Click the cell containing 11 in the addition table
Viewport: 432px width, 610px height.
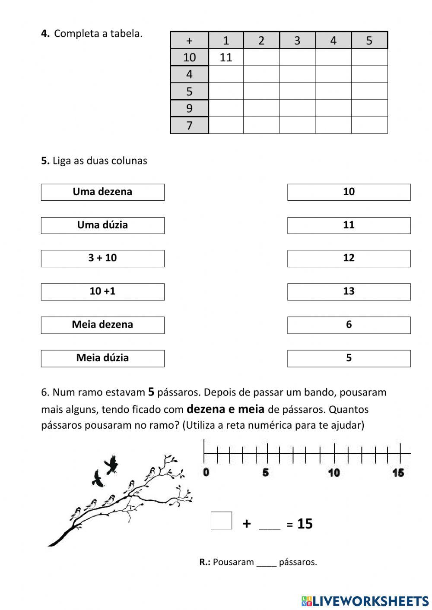(x=226, y=57)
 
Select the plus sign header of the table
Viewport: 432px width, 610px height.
(x=189, y=41)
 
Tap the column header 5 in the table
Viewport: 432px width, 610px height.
(x=369, y=41)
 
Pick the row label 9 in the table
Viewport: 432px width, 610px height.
(x=189, y=108)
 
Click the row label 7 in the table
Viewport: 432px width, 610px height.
(x=189, y=126)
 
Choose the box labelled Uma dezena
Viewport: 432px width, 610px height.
(x=102, y=192)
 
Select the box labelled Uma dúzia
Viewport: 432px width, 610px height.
(x=102, y=225)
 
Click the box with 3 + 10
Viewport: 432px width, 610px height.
(x=102, y=258)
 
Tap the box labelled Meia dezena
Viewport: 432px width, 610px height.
(x=102, y=325)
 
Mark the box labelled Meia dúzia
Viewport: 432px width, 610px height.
(x=102, y=358)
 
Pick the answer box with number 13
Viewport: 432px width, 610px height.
(x=349, y=291)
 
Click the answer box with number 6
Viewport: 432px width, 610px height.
(x=349, y=325)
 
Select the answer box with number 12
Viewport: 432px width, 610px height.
(x=349, y=258)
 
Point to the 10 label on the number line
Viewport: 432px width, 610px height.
(x=334, y=473)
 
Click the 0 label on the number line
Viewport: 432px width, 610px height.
(x=206, y=472)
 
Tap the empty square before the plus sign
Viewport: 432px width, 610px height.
(x=221, y=520)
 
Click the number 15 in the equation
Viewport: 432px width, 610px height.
(x=305, y=524)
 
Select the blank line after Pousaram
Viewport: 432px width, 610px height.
(x=266, y=563)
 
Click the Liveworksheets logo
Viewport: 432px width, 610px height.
(x=365, y=601)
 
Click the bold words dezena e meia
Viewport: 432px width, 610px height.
(x=226, y=409)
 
